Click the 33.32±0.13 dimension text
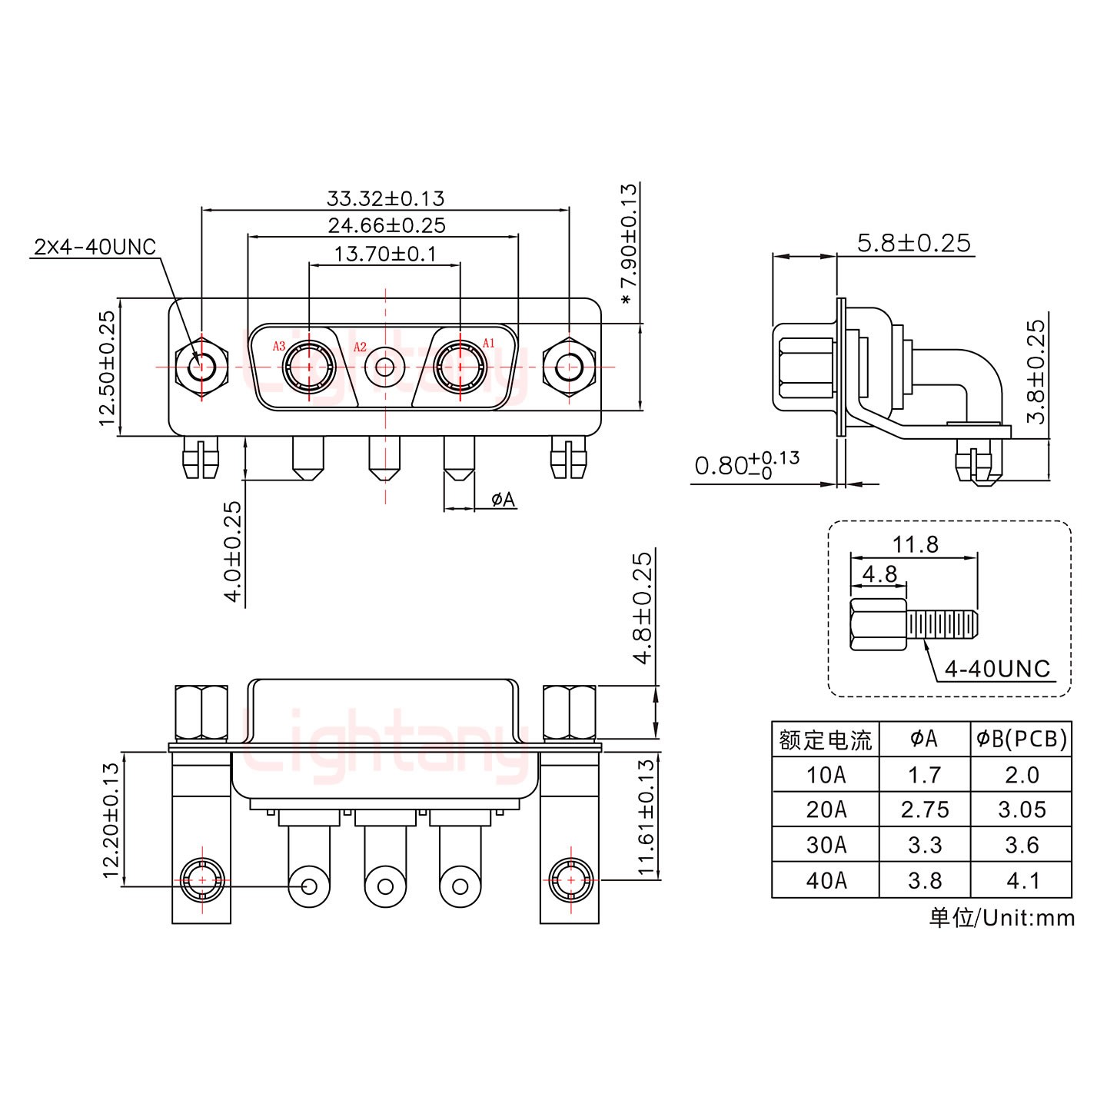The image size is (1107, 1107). coord(385,198)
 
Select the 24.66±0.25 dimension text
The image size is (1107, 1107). coord(387,225)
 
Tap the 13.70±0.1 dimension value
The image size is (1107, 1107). coord(385,253)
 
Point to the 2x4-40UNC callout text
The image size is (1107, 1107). coord(95,247)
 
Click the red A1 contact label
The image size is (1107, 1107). coord(489,343)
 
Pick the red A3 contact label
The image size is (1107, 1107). coord(279,347)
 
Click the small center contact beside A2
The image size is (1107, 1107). coord(384,367)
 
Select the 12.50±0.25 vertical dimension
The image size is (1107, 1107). coord(107,367)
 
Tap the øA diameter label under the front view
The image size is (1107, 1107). coord(504,500)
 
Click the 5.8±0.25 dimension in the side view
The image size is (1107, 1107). coord(914,243)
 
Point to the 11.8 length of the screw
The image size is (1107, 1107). coord(915,544)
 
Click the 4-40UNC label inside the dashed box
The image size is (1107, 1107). coord(997,669)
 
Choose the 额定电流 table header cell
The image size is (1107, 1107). coord(825,740)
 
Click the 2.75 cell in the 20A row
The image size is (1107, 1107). coord(924,809)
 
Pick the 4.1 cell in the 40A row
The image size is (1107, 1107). coord(1022,880)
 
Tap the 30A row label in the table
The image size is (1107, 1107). coord(826,845)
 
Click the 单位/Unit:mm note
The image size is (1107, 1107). coord(1002,917)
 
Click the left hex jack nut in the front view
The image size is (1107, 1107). coord(201,367)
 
